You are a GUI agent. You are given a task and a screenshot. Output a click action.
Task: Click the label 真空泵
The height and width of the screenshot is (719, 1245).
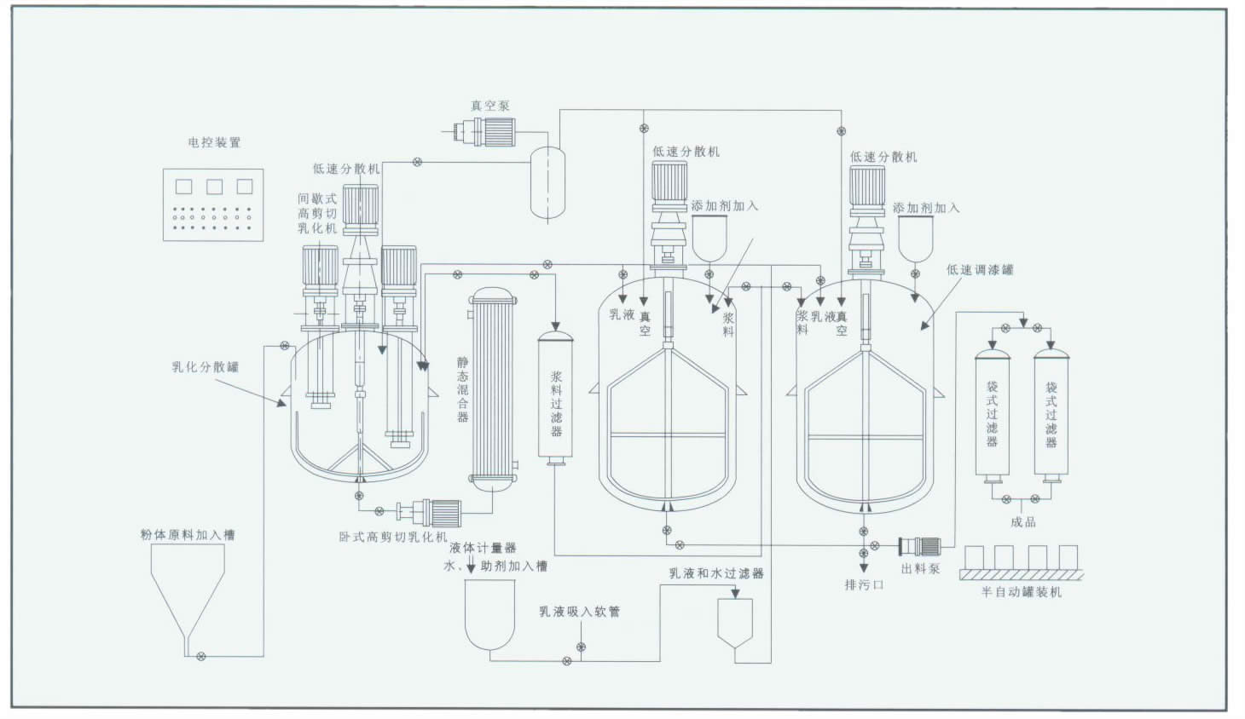pos(489,106)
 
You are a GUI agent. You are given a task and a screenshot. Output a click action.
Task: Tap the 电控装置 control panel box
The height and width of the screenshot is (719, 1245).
pos(213,204)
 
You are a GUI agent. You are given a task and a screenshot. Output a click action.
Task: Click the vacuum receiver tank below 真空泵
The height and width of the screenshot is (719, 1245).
pos(547,181)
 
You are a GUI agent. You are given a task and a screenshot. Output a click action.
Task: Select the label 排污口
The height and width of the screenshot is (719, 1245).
pos(864,585)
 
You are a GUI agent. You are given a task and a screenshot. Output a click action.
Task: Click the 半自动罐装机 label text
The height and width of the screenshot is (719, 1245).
pos(1021,591)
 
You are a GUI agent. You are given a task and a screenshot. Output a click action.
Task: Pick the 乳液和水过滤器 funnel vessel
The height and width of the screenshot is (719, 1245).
pos(735,623)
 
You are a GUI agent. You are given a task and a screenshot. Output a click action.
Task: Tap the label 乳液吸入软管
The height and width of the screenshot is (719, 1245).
pos(579,612)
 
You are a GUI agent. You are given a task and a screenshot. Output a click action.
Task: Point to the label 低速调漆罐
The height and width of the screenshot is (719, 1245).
pos(980,270)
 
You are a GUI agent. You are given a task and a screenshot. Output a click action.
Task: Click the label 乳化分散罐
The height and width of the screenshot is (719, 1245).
pos(205,367)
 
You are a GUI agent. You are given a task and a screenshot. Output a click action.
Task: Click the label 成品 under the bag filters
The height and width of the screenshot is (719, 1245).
pos(1022,521)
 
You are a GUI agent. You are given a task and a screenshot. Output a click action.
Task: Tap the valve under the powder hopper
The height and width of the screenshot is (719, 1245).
pos(200,655)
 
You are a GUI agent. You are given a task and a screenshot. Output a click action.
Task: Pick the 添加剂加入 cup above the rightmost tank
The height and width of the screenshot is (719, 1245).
pos(915,239)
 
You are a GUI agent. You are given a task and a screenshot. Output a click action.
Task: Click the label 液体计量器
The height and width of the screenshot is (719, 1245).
pos(483,548)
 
